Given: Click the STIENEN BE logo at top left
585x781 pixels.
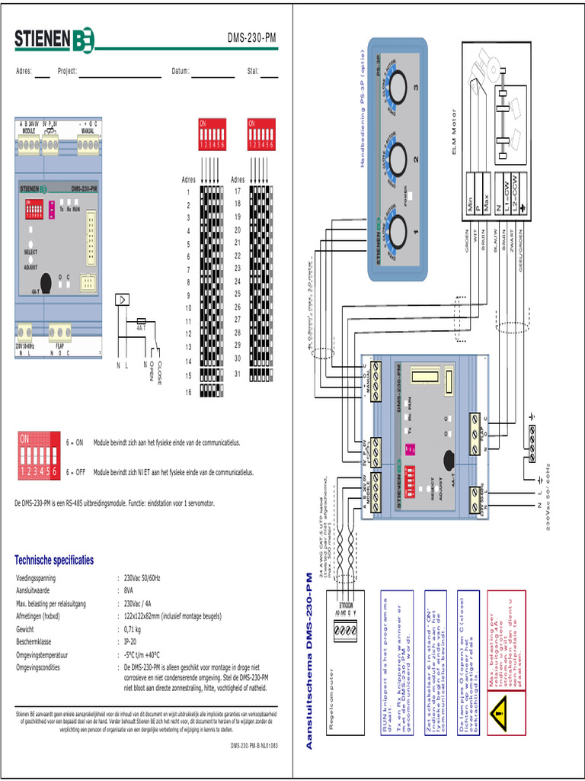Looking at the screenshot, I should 54,39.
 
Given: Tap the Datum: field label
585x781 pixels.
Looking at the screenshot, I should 180,72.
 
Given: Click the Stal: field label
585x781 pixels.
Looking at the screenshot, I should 253,72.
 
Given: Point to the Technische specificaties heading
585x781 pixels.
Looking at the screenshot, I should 54,560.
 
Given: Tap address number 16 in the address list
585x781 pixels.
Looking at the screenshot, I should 188,392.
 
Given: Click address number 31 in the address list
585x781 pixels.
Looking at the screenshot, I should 238,374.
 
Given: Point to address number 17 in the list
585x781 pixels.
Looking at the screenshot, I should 238,191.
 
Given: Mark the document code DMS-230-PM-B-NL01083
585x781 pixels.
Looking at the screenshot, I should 254,745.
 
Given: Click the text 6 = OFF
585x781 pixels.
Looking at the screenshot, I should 75,472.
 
